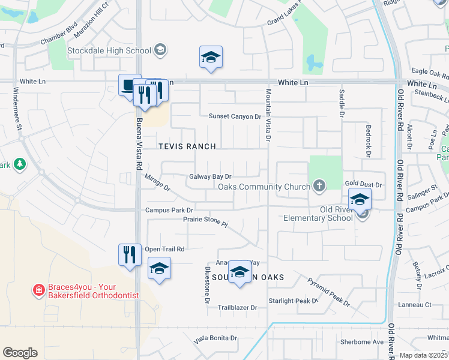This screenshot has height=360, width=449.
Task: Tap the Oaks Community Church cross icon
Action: click(x=319, y=186)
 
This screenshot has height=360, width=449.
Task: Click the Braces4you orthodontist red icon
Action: click(x=38, y=290)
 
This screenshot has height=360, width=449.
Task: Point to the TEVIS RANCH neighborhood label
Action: click(x=187, y=146)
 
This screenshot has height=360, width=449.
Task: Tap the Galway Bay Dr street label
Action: click(x=210, y=176)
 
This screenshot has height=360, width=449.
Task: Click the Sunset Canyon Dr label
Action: click(x=235, y=116)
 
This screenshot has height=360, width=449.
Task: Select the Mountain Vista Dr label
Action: click(x=268, y=116)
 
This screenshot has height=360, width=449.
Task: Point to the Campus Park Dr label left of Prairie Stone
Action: click(x=169, y=210)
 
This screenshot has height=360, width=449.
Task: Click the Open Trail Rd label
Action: click(x=164, y=249)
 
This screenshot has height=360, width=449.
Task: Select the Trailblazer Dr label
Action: click(x=237, y=308)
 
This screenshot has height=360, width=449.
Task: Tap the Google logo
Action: click(x=20, y=353)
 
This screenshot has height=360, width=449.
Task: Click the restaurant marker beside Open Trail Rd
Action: click(x=130, y=254)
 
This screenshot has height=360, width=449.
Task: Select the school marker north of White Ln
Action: click(x=211, y=58)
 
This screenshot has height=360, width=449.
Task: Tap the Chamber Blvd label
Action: click(x=59, y=42)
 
